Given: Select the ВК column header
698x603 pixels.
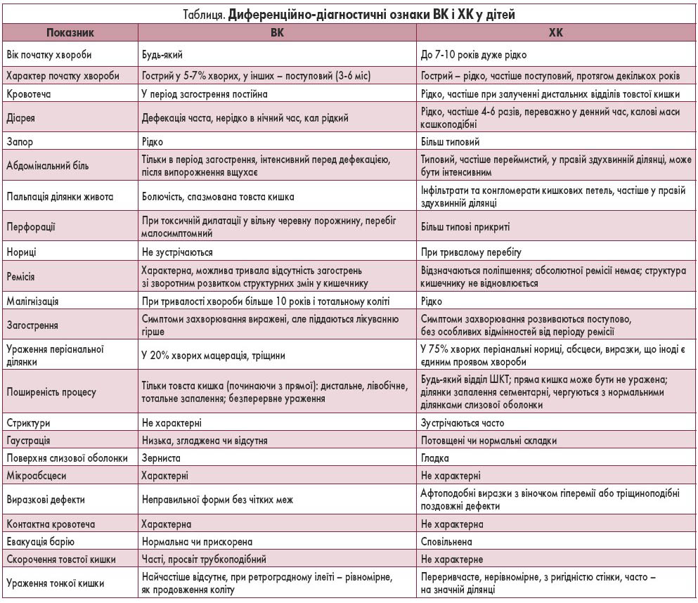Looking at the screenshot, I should [277, 32].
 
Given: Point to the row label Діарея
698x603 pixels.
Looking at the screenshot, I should [22, 117].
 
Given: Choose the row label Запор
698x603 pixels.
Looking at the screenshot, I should [20, 141].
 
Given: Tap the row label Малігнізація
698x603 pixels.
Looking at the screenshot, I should [32, 301].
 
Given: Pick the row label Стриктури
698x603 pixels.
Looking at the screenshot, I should [27, 423].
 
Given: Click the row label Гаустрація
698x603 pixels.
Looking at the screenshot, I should [30, 441].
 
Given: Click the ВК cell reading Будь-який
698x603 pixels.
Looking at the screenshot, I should [164, 54].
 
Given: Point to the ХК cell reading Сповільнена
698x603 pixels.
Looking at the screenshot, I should [446, 542].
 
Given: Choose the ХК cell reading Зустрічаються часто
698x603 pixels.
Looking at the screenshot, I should [462, 423].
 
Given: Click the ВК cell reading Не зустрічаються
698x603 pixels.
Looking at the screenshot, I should [177, 251].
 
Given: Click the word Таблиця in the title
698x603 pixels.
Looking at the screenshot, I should [202, 13].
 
